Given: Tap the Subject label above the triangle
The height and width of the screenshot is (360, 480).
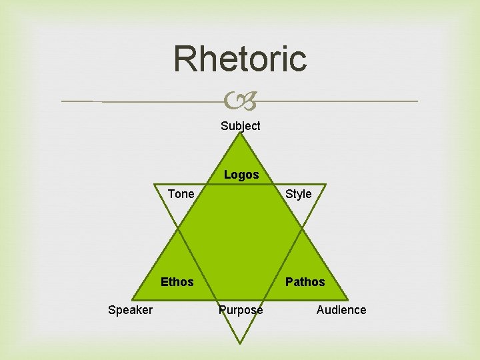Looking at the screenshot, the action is [241, 125].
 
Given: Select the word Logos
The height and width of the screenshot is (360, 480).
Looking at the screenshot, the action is [241, 175].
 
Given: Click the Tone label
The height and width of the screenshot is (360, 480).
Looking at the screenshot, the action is [181, 194].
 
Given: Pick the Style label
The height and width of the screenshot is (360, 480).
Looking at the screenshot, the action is [298, 194].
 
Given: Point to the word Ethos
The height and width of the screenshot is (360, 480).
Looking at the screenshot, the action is [177, 282].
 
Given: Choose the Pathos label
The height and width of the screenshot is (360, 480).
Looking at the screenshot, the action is [305, 282].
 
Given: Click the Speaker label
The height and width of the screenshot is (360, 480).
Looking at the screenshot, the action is [130, 310].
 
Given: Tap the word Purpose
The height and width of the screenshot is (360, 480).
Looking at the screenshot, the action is [241, 310].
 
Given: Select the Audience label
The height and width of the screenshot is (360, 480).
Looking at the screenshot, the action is [341, 310].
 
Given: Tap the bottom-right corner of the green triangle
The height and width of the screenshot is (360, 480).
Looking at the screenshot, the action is [348, 298].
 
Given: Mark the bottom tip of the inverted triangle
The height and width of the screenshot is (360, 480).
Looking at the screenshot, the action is [240, 343].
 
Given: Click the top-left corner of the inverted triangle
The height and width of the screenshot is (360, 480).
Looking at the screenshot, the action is [155, 184].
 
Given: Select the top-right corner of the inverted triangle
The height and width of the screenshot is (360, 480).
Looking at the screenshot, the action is [326, 184].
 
